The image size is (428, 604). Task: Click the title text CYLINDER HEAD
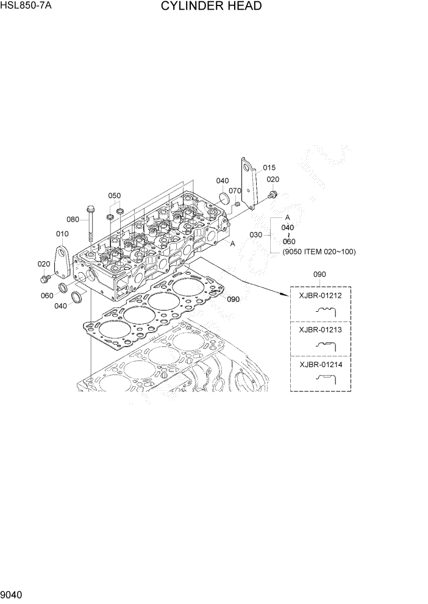[212, 7]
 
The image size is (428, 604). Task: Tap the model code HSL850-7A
[26, 6]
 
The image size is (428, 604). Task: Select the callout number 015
[269, 168]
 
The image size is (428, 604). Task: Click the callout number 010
[62, 234]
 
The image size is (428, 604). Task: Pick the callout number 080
[73, 219]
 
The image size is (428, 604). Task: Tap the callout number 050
[115, 195]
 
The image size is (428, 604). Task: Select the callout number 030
[256, 234]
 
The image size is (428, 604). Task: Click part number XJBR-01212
[320, 296]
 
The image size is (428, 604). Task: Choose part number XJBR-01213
[320, 330]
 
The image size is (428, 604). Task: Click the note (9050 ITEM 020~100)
[319, 251]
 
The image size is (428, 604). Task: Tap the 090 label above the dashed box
[320, 275]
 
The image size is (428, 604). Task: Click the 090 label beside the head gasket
[233, 300]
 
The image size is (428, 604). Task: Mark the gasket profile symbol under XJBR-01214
[326, 378]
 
